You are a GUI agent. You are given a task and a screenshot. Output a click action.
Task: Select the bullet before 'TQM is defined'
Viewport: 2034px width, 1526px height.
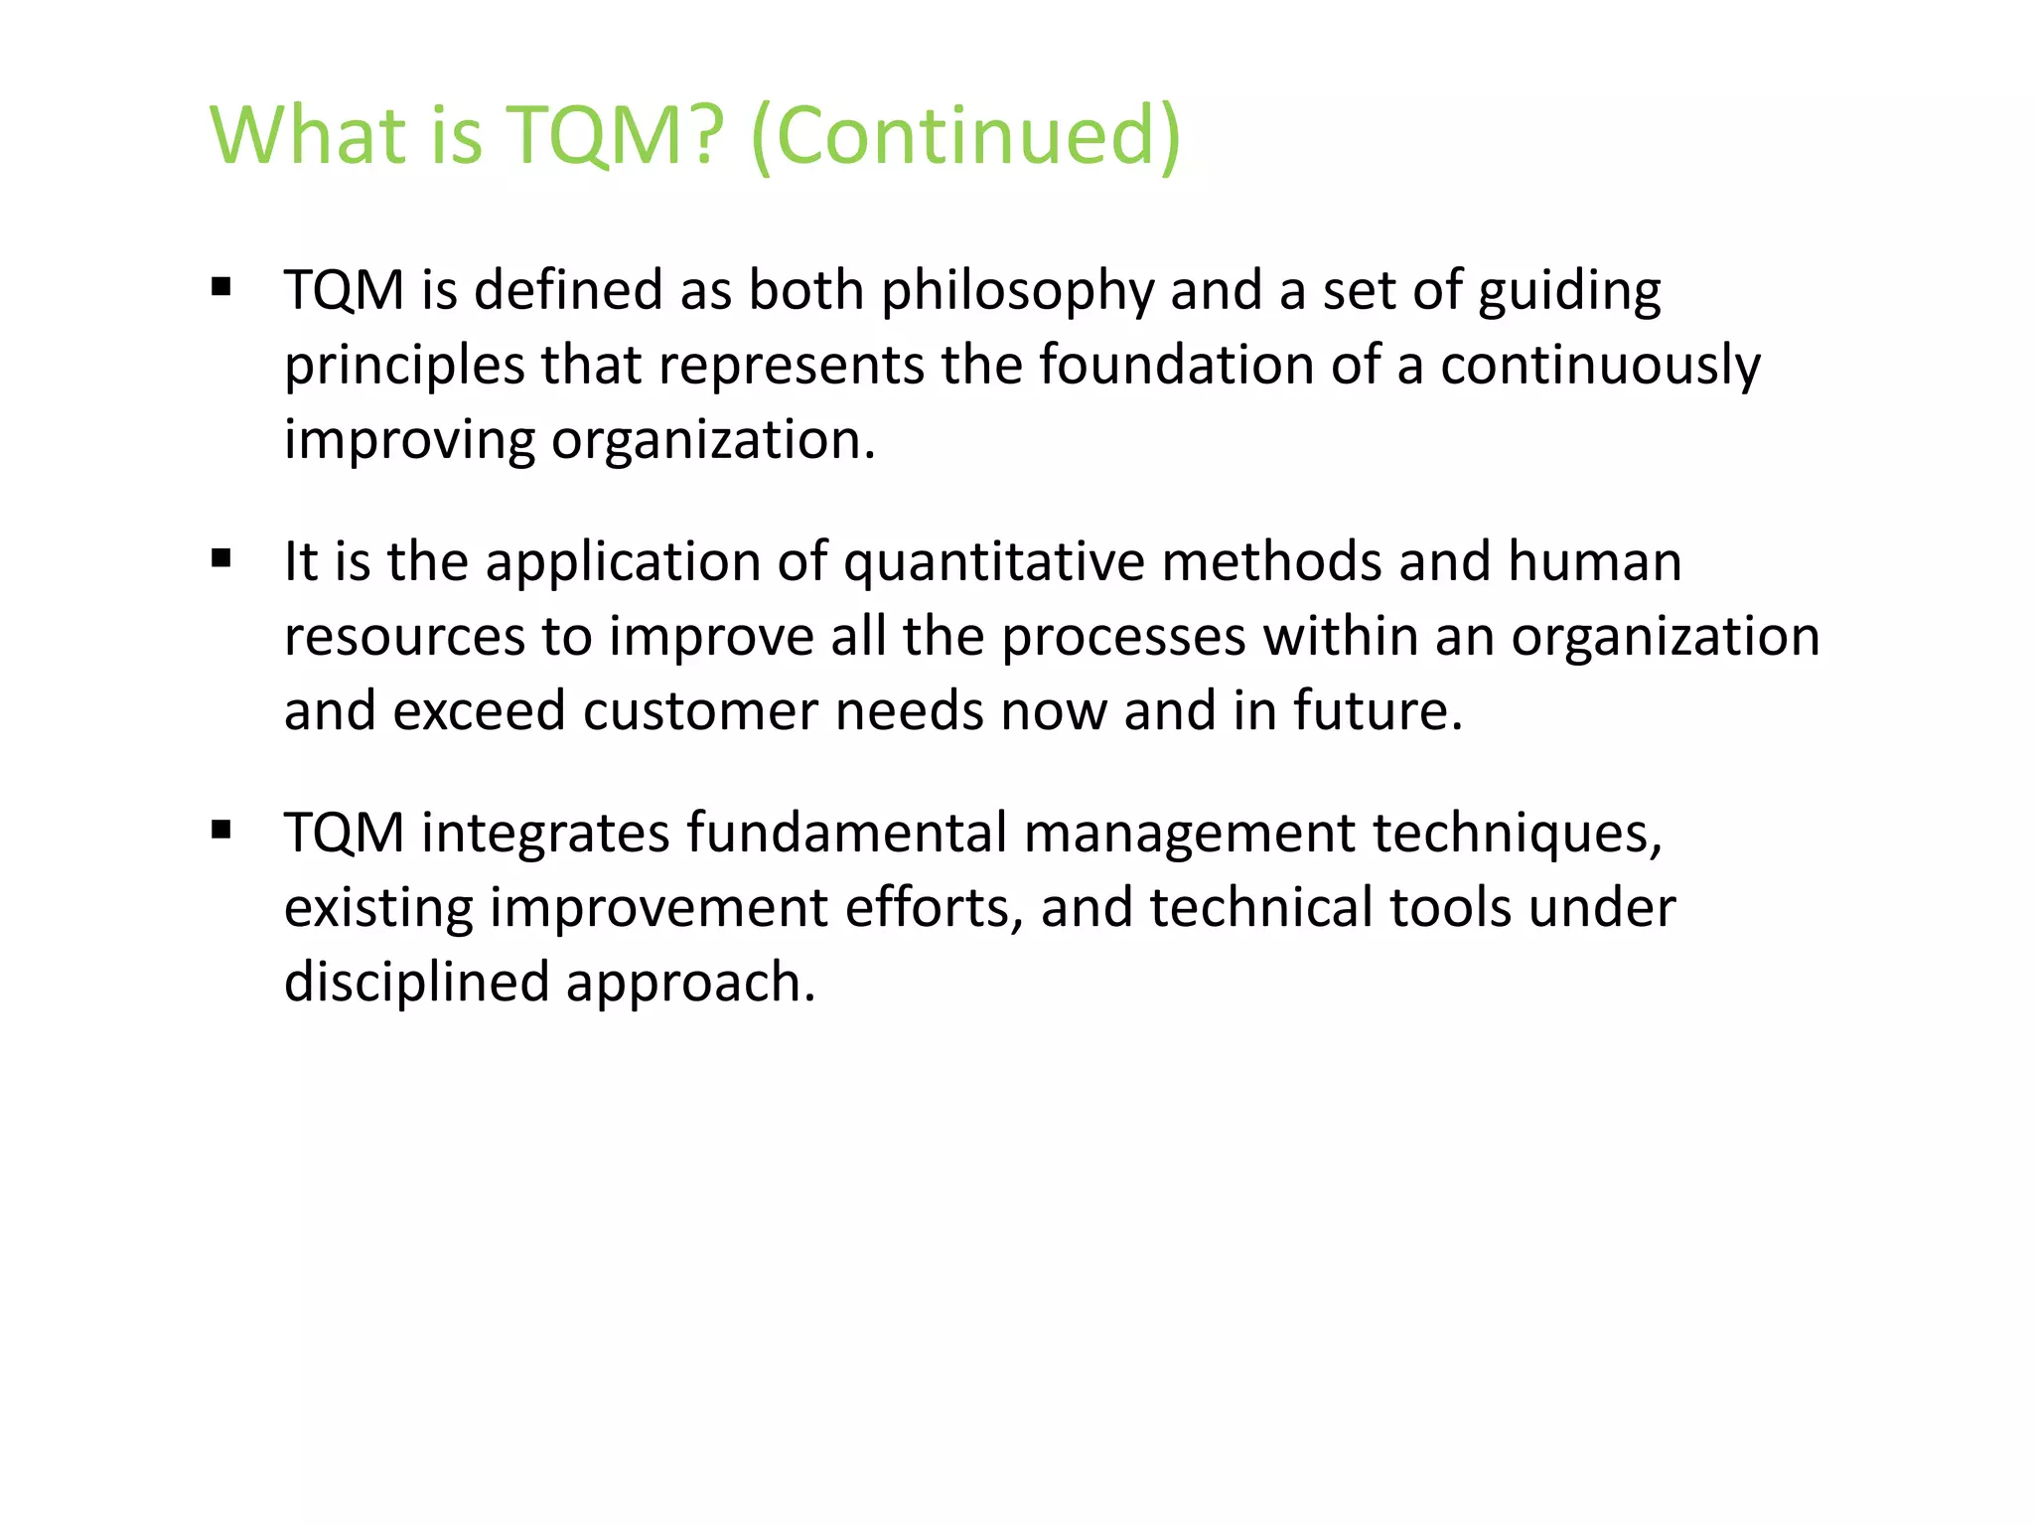click(x=220, y=288)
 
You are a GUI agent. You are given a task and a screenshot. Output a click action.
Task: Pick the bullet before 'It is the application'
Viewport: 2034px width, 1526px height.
click(x=220, y=558)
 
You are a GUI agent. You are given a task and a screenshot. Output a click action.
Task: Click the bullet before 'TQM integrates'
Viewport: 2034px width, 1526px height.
click(x=220, y=830)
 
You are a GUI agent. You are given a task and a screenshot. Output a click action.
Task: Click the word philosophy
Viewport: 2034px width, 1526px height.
click(x=1017, y=292)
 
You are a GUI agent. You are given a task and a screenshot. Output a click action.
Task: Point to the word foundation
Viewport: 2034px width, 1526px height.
click(x=1176, y=365)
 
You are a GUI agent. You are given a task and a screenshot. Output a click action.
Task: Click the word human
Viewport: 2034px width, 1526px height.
click(x=1594, y=561)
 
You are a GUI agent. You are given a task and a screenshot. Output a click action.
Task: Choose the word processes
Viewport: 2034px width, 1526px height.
click(x=1122, y=637)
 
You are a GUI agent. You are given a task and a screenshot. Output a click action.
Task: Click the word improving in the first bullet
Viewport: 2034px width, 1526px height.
click(x=409, y=441)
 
